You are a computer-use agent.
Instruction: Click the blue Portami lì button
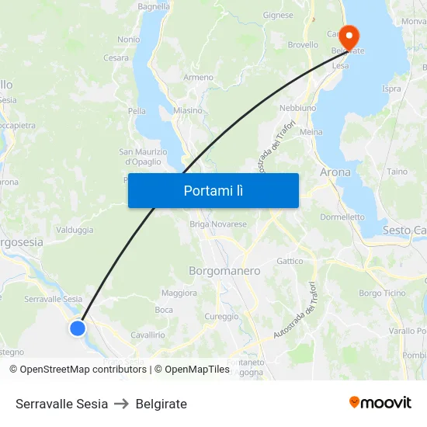click(x=213, y=190)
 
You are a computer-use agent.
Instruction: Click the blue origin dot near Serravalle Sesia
click(x=78, y=328)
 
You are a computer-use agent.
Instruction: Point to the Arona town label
click(x=335, y=172)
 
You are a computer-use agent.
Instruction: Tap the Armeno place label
click(x=198, y=78)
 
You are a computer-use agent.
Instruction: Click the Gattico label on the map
click(x=290, y=261)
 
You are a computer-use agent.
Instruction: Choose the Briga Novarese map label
click(x=218, y=224)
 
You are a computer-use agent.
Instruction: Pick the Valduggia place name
click(x=75, y=230)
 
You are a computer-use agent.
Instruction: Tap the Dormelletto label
click(x=342, y=217)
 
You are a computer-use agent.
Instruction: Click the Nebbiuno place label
click(x=297, y=107)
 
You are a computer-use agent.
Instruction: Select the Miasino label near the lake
click(x=187, y=111)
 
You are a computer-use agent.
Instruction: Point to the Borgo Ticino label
click(x=382, y=293)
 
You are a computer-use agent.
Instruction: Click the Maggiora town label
click(x=179, y=293)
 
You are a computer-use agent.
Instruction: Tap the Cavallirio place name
click(x=148, y=335)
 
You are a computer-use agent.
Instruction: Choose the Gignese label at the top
click(x=278, y=15)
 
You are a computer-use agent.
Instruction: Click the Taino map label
click(x=397, y=172)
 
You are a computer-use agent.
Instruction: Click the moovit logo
click(x=380, y=402)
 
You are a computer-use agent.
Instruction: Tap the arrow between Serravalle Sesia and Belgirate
click(x=121, y=404)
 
